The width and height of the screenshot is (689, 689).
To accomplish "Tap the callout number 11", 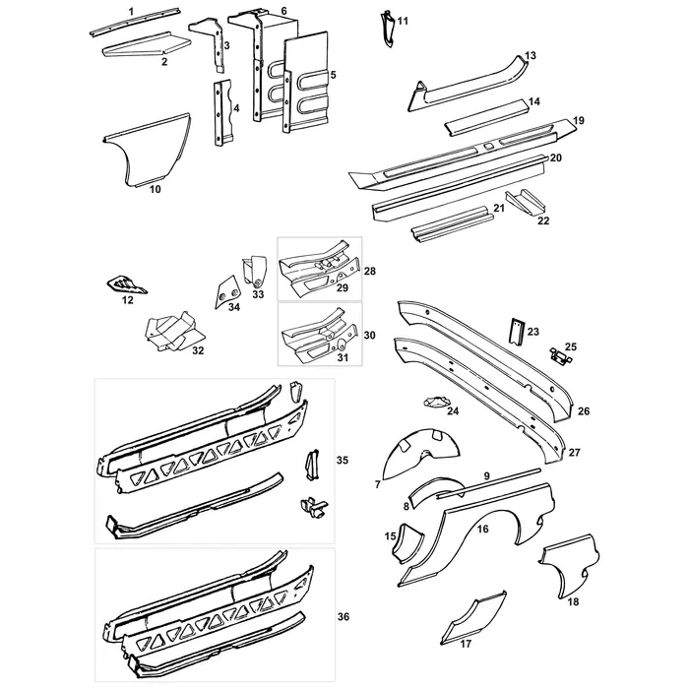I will coord(403,21).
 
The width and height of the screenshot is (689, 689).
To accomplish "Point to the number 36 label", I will coord(344,616).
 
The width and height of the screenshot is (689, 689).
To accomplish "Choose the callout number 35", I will coord(343,460).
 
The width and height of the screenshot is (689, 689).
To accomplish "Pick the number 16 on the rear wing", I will coord(482,529).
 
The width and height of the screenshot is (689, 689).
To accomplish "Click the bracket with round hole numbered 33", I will coord(258,271).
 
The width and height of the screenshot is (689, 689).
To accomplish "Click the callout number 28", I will coord(370,270).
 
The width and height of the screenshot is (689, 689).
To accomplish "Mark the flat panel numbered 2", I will coord(143,43).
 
